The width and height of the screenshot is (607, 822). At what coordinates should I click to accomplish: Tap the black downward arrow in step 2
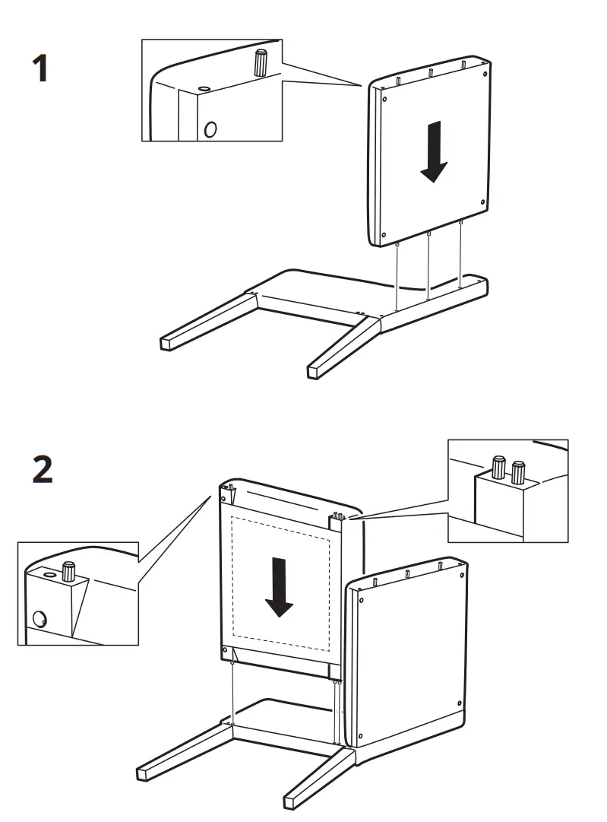(x=280, y=586)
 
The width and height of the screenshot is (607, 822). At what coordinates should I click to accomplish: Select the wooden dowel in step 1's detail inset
(x=261, y=64)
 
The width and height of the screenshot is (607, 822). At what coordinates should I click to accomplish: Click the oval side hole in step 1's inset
(x=210, y=129)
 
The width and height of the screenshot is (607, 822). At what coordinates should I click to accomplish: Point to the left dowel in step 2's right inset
(x=499, y=467)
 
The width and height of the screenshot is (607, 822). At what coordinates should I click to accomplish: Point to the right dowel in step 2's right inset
(x=518, y=472)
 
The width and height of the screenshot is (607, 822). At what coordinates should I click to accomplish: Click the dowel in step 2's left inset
(x=69, y=571)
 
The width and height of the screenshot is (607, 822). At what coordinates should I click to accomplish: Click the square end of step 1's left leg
(x=164, y=343)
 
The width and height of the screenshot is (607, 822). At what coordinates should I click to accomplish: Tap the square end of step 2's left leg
(x=141, y=773)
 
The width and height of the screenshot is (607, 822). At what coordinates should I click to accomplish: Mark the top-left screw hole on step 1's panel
(x=384, y=97)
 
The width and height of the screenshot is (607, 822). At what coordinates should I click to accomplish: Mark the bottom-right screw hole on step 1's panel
(x=484, y=202)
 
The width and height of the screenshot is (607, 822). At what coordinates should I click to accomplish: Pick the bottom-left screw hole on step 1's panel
(x=384, y=234)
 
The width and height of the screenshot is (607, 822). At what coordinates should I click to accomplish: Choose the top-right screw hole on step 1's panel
(x=484, y=73)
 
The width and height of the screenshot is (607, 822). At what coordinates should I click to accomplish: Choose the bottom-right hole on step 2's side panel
(x=460, y=703)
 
